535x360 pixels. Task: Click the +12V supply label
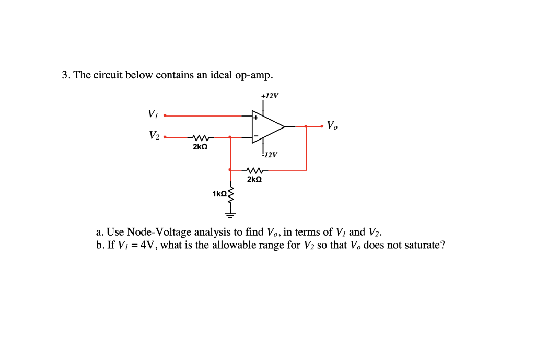pos(270,96)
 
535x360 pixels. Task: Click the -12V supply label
pos(271,155)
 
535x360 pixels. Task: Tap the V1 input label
pos(153,113)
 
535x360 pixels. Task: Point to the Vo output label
pos(332,125)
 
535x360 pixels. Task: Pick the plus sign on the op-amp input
pos(256,118)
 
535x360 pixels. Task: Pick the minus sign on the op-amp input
pos(256,136)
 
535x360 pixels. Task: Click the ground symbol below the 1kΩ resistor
pos(230,213)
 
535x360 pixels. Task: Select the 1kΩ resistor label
pos(219,194)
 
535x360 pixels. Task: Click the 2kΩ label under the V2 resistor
pos(200,147)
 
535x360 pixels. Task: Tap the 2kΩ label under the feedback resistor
pos(254,179)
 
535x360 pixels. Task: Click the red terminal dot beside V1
pos(165,115)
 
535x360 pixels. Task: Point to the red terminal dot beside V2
pos(165,137)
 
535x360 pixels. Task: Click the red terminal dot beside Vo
pos(322,126)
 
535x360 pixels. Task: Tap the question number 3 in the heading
pos(65,75)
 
